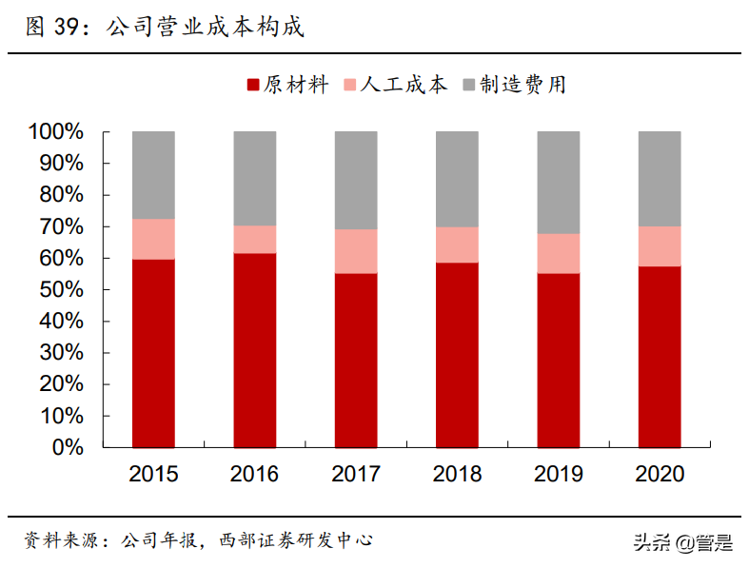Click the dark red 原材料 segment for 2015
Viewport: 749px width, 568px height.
click(153, 352)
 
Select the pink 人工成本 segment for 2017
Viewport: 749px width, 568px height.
click(356, 251)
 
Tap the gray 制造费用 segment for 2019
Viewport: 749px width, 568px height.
click(559, 182)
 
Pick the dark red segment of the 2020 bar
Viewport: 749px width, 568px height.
click(660, 356)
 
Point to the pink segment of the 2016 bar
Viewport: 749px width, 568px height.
click(254, 239)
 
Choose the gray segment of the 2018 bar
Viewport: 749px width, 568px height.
click(457, 178)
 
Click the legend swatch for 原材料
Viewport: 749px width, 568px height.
click(253, 85)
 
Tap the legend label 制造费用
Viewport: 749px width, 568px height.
click(522, 85)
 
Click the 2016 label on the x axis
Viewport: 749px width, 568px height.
click(254, 474)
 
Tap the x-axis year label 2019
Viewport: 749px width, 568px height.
click(559, 474)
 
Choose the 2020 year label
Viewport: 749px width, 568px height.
click(660, 474)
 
